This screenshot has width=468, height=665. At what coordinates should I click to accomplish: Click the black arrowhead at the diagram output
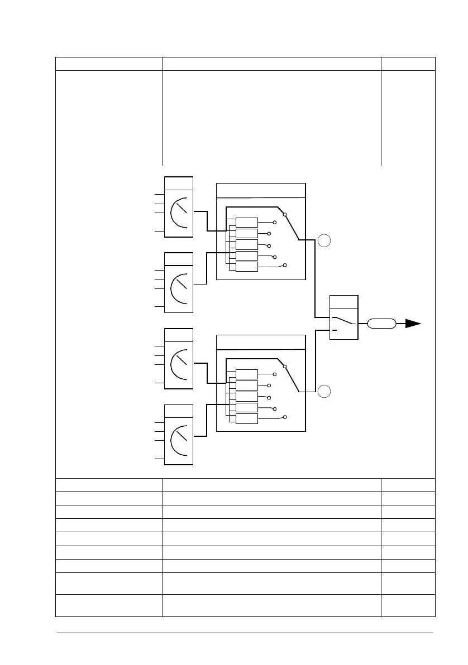point(413,323)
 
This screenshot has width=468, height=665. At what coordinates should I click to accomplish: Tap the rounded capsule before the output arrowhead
point(382,323)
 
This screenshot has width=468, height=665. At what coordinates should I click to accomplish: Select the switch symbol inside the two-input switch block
point(343,322)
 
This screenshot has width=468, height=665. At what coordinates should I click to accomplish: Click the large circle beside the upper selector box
point(324,241)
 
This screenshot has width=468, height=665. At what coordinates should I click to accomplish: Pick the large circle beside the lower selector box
point(324,392)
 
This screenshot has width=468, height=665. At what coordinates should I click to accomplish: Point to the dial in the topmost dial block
point(179,214)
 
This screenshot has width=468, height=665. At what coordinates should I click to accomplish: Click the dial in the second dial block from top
point(179,289)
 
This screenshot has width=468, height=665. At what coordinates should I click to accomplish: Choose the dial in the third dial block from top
point(179,365)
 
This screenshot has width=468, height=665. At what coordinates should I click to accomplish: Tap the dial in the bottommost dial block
point(179,441)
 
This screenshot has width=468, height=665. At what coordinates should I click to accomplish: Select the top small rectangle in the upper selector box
point(247,222)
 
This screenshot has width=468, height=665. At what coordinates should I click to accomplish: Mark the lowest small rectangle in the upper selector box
point(247,266)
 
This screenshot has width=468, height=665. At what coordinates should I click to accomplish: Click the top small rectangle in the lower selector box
point(247,374)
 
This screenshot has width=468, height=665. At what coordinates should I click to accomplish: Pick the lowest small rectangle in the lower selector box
point(247,418)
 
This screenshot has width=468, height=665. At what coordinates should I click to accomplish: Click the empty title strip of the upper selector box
point(261,190)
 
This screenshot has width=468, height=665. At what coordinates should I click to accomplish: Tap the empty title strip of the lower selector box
point(261,342)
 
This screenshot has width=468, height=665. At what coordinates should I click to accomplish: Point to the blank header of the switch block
point(344,301)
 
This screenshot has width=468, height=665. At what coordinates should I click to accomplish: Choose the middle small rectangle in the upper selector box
point(247,244)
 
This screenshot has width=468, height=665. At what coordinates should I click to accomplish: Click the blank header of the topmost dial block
point(179,184)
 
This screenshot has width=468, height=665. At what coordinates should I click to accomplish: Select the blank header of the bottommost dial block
point(179,411)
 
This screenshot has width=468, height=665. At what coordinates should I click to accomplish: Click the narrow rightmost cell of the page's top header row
point(408,64)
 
